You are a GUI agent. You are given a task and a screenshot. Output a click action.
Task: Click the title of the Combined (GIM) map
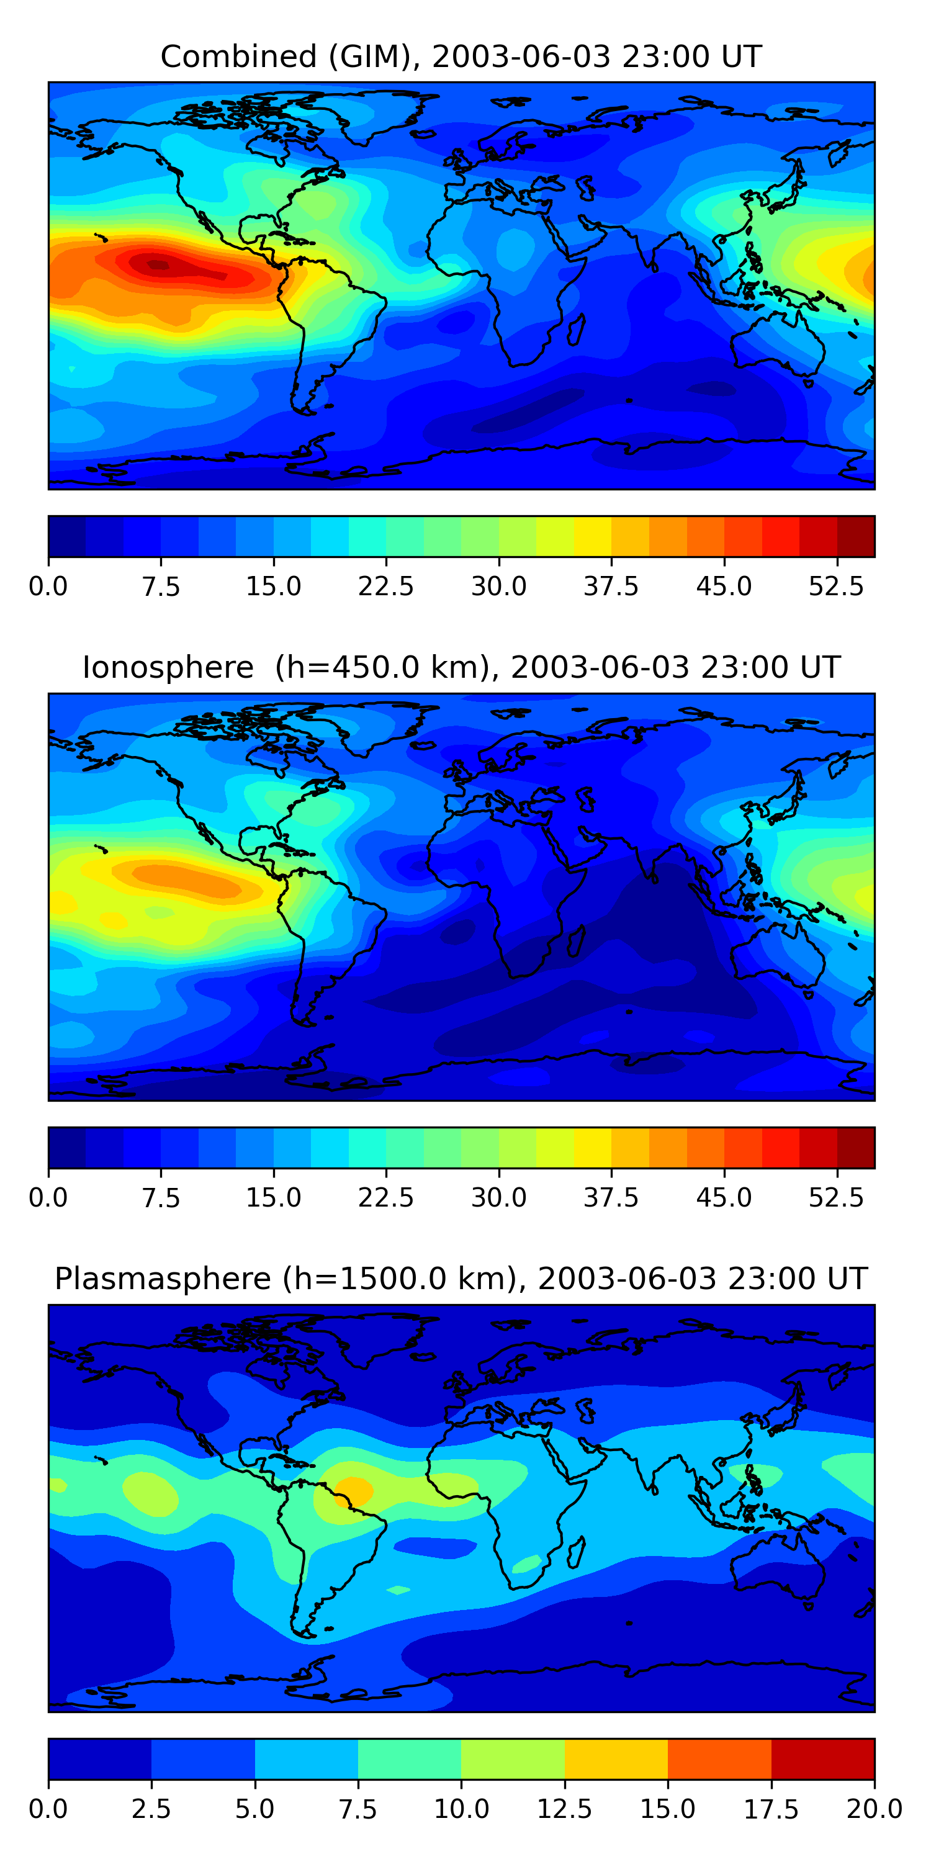461,56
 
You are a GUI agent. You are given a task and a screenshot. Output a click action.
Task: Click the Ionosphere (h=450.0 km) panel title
461,667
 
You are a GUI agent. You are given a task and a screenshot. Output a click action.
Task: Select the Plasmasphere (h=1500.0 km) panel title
461,1278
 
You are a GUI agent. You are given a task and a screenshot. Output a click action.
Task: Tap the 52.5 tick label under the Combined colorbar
836,586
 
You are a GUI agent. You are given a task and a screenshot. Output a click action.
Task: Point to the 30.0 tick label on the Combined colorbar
499,586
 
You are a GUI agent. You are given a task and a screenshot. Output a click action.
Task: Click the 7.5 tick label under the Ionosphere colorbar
161,1197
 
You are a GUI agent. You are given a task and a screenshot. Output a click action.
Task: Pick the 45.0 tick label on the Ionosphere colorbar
724,1197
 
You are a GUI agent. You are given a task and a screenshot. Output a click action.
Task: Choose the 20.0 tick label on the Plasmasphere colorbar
875,1809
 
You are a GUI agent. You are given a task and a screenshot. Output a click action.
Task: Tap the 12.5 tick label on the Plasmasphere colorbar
565,1809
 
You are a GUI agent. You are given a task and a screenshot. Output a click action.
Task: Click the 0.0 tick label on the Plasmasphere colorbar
48,1809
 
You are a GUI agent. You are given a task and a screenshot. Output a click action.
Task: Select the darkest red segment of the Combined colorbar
856,536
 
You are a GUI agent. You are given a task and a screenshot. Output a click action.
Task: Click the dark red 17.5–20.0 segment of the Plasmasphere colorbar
823,1758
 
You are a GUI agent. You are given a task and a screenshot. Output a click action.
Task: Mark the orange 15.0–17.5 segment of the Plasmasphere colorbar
719,1758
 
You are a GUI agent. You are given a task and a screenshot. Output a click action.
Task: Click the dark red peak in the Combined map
159,265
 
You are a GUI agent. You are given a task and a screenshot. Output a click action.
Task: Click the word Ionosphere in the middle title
168,667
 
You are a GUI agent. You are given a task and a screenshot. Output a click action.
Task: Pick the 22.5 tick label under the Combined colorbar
386,586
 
